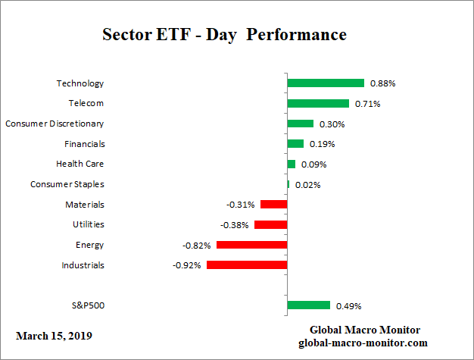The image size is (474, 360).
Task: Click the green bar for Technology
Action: (326, 83)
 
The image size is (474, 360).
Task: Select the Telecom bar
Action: (318, 103)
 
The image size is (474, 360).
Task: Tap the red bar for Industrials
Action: (247, 265)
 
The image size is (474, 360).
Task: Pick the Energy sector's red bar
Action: (251, 245)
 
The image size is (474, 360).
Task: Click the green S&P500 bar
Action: (309, 305)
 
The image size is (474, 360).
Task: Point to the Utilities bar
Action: (270, 224)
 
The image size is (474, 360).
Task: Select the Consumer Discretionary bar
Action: (300, 124)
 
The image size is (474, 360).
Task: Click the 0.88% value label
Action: (382, 83)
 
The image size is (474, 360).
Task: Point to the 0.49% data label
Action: (348, 306)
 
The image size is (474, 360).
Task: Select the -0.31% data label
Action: (242, 205)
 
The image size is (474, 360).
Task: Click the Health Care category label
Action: (80, 164)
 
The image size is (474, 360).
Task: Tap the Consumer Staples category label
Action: (67, 184)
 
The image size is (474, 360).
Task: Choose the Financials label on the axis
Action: (84, 144)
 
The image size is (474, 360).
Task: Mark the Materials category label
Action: (85, 205)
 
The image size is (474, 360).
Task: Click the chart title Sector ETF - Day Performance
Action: (224, 36)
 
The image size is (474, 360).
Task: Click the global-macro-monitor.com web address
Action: (365, 343)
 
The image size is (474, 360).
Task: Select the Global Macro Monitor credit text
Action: (365, 330)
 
